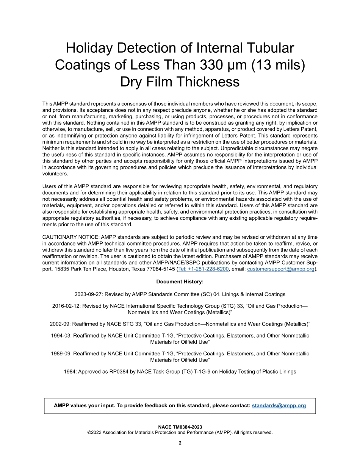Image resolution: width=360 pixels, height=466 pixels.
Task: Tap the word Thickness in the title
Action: pos(206,82)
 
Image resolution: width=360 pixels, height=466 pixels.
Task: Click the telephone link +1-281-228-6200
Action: pos(203,269)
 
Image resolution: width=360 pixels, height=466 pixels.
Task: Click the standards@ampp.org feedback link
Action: pos(279,405)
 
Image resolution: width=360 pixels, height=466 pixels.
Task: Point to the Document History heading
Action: pos(180,281)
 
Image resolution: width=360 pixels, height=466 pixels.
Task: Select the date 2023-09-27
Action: pos(88,294)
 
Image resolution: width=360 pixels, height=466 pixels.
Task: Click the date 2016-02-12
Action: pos(65,306)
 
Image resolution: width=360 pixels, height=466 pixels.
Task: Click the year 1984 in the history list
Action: pos(70,372)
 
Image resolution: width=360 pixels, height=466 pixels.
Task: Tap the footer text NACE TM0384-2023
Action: pos(180,427)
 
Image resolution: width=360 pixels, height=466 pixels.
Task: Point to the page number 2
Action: pos(180,443)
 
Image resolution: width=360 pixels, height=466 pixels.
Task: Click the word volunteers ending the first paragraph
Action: pos(55,174)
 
